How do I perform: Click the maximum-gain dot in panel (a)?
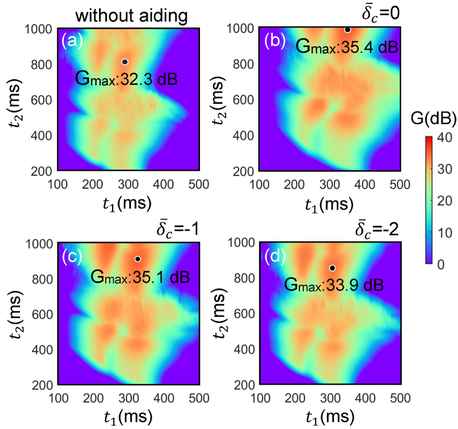[x=125, y=62]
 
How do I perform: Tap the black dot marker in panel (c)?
[x=137, y=259]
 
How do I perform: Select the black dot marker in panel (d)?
[x=332, y=268]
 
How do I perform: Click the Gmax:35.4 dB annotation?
[x=347, y=46]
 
